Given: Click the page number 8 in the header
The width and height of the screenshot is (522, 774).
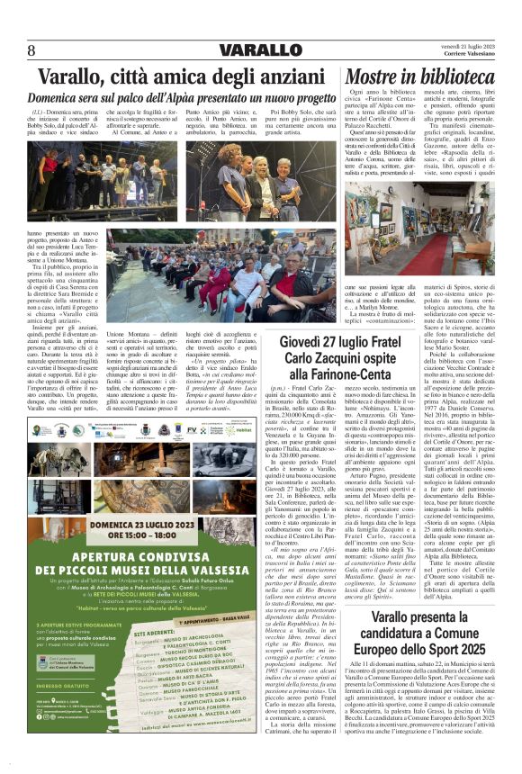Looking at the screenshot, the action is click(x=32, y=49).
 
